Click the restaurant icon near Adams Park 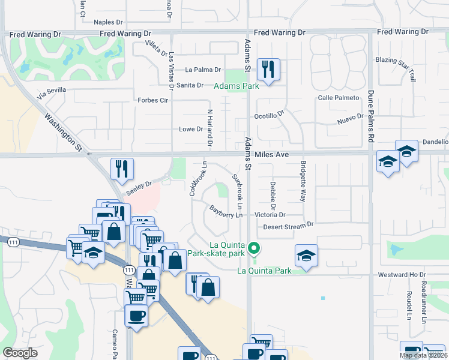coord(268,69)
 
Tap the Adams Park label coord(237,86)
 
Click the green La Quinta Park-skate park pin coord(254,247)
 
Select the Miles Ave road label coord(272,155)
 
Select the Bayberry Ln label coord(226,211)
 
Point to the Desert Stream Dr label coord(288,226)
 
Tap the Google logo coord(20,353)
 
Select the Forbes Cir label coord(152,100)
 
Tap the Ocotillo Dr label coord(268,116)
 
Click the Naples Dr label coord(108,22)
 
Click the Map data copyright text coord(423,355)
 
